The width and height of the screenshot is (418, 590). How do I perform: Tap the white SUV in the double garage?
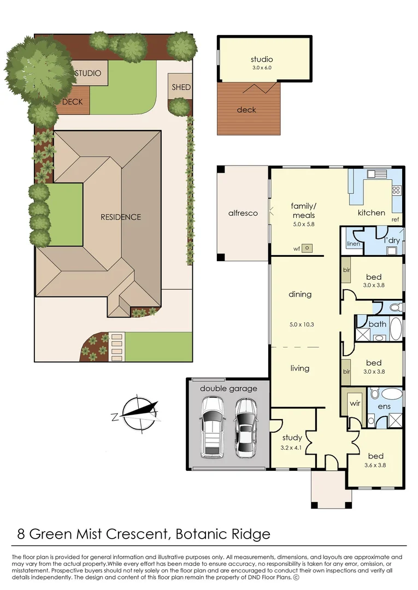[x=212, y=427]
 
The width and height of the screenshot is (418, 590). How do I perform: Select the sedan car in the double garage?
[x=248, y=427]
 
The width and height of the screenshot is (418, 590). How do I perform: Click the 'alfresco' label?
[x=243, y=213]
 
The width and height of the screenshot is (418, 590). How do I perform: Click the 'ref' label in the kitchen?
[x=395, y=220]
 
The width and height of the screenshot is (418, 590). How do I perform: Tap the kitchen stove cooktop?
[x=396, y=191]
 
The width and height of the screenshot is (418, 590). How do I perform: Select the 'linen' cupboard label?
[x=354, y=244]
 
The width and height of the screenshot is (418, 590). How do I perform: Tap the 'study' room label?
[x=292, y=437]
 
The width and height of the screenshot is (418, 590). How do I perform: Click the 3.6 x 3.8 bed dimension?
[x=375, y=465]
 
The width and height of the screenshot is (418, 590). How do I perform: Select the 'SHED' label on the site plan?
[x=181, y=87]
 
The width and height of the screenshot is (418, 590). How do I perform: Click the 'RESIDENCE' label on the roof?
[x=121, y=217]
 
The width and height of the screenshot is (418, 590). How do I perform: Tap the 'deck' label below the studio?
[x=246, y=110]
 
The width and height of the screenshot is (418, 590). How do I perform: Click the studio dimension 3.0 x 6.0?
[x=261, y=68]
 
